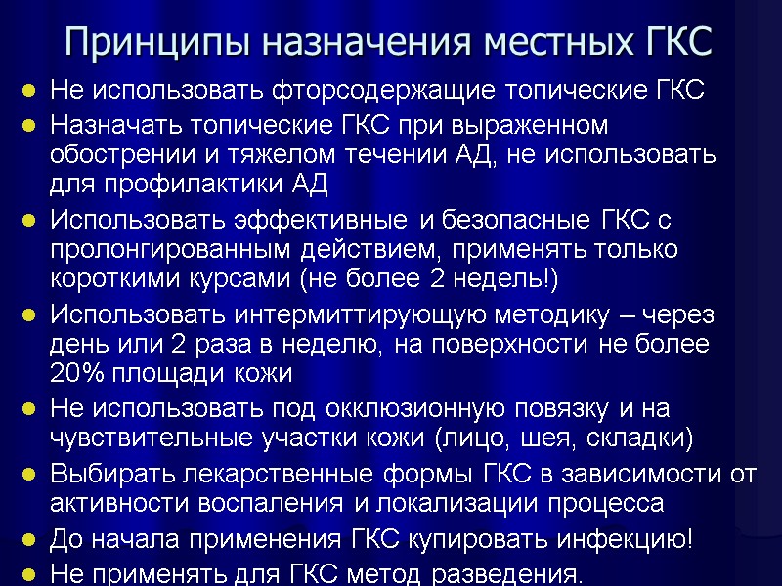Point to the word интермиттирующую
tap(341, 314)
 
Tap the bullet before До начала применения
tap(30, 540)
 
